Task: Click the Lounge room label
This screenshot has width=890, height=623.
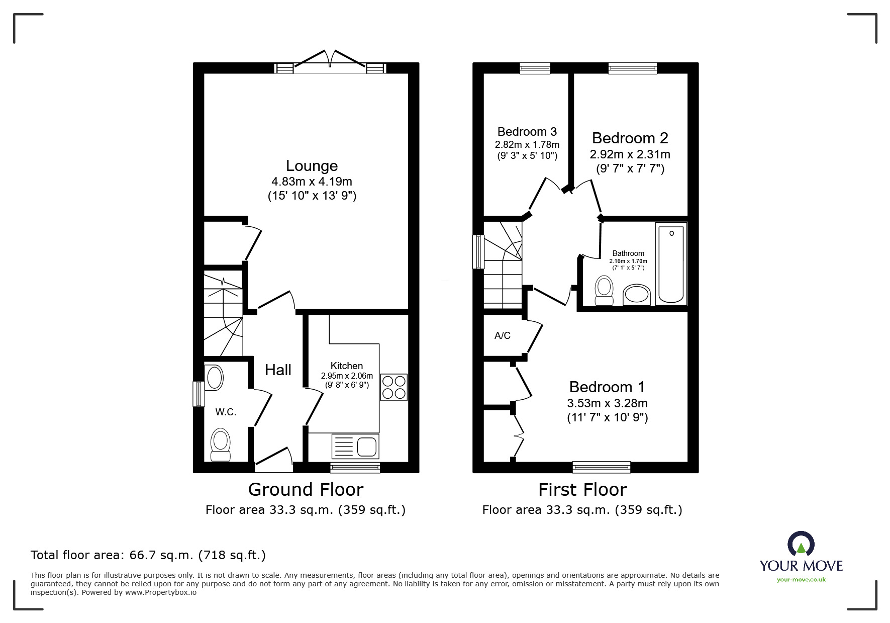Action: [312, 166]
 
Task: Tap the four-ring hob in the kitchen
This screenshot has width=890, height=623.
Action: [393, 387]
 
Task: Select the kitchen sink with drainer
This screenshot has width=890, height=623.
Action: [355, 446]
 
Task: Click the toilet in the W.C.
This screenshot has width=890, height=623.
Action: [220, 444]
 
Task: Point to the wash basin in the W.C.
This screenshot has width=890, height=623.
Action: [215, 378]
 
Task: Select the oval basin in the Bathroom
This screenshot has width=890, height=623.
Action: [636, 295]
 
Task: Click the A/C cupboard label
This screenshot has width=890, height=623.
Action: [502, 335]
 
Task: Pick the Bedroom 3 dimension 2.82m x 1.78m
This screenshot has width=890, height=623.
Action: [527, 145]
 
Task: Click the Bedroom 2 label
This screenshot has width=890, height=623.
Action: [630, 138]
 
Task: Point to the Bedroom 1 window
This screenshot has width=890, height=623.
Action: [601, 468]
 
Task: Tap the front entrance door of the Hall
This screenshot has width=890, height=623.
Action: [274, 461]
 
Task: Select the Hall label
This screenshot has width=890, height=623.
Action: [278, 370]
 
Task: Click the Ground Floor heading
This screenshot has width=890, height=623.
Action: [306, 489]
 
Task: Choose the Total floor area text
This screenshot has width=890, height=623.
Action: [148, 555]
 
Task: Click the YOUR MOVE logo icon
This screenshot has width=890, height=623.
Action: [801, 545]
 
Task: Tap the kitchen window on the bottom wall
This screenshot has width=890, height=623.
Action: [355, 468]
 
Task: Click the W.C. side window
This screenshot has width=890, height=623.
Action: [199, 394]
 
